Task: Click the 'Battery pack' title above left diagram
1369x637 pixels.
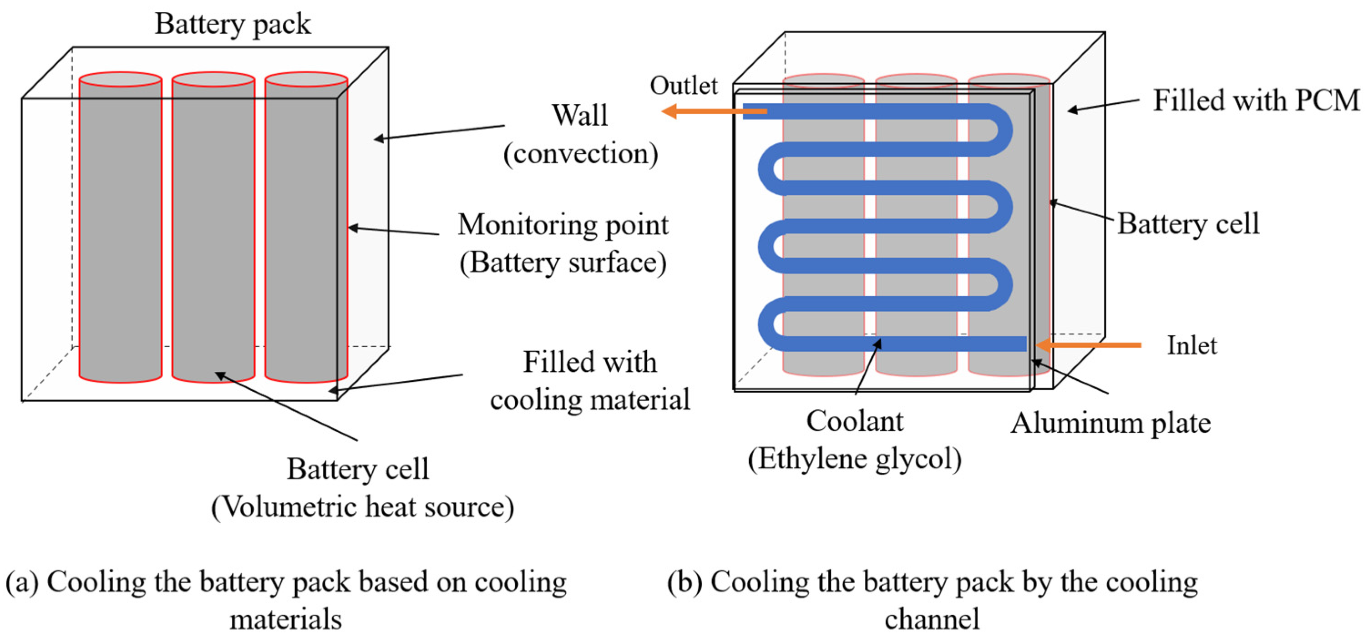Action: point(232,24)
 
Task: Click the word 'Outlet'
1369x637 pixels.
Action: point(684,86)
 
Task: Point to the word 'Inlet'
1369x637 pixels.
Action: point(1192,345)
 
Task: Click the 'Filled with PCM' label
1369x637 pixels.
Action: point(1256,101)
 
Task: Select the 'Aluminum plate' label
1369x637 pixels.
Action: point(1110,424)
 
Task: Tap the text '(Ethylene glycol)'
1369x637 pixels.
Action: point(855,459)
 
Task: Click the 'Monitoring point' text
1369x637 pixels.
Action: point(563,225)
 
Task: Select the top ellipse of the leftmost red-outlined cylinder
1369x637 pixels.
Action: point(121,80)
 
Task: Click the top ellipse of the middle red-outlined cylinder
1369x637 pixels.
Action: point(213,80)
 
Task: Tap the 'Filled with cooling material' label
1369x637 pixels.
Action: point(590,380)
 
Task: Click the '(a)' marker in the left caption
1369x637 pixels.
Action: point(22,582)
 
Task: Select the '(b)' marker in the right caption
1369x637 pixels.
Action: point(685,582)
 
